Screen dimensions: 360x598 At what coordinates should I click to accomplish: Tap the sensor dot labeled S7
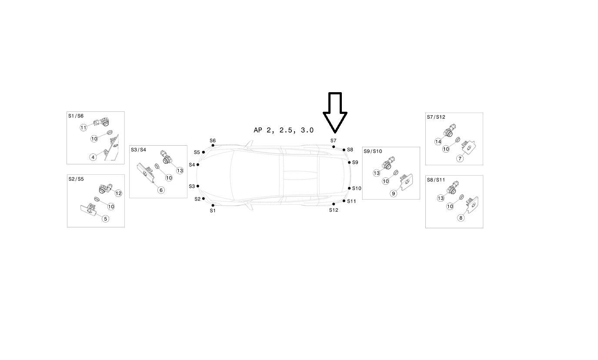click(x=334, y=147)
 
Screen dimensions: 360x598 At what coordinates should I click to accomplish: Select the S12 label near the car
click(x=334, y=210)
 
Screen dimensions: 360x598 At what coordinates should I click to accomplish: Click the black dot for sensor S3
click(x=198, y=186)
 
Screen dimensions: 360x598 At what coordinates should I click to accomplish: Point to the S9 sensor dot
click(x=349, y=162)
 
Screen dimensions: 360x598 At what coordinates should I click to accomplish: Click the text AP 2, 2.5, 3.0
click(x=284, y=130)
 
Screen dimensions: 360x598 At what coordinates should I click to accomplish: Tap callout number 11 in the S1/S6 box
click(x=84, y=127)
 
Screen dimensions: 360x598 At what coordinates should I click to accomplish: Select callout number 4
click(x=93, y=157)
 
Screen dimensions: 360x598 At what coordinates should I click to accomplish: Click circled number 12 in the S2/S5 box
click(x=118, y=193)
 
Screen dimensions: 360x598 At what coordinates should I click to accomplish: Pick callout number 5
click(x=106, y=219)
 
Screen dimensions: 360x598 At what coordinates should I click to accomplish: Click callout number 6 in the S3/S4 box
click(x=161, y=190)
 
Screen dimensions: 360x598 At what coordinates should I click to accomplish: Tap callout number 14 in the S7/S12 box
click(x=438, y=142)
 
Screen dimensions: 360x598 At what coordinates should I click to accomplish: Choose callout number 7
click(x=460, y=159)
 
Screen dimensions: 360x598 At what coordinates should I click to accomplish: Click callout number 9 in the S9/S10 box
click(x=394, y=193)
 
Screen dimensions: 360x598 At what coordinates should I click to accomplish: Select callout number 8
click(x=461, y=218)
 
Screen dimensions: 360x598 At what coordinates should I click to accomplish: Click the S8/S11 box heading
click(x=436, y=180)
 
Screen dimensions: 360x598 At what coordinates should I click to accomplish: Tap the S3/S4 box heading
click(x=138, y=150)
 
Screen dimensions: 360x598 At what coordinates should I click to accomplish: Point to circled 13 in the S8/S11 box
click(x=441, y=198)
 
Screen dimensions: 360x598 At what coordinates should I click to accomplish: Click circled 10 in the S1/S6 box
click(x=94, y=139)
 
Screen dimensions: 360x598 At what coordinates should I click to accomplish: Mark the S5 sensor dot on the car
click(x=204, y=152)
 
